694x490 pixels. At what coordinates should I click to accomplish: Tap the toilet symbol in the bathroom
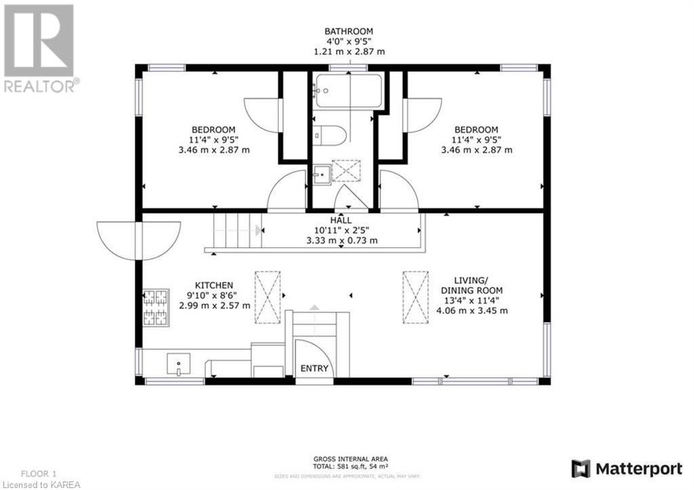pos(331,135)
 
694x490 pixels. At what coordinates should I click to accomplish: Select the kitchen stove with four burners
pos(155,307)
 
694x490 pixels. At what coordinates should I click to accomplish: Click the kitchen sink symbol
pos(178,363)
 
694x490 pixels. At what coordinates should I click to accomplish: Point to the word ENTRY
pos(314,369)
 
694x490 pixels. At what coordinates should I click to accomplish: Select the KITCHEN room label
pos(214,285)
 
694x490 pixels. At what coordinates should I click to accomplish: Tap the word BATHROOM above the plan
pos(349,31)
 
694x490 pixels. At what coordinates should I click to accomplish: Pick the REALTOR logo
pos(39,47)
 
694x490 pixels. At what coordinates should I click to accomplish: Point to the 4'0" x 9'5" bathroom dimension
pos(349,41)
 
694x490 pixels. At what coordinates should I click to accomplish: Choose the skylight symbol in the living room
pos(415,296)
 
